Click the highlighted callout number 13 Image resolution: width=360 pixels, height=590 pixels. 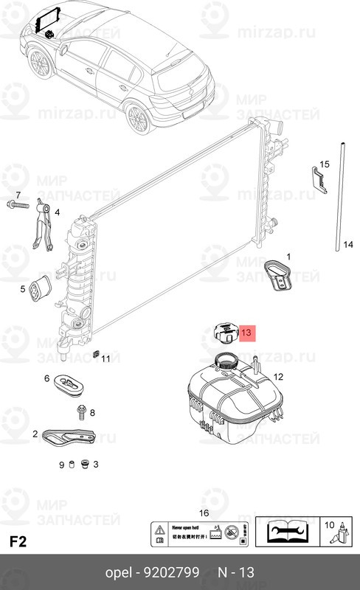246,333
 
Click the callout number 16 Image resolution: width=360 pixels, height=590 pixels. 204,513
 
